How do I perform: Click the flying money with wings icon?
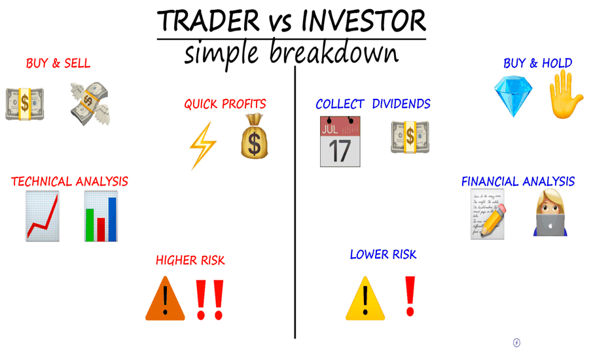[x=90, y=103]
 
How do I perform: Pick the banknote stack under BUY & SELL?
[x=24, y=104]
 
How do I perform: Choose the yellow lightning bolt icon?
[x=203, y=145]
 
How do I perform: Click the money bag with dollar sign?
[x=255, y=136]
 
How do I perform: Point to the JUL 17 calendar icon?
[x=340, y=141]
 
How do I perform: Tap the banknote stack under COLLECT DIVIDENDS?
[x=410, y=137]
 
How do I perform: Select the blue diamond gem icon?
[x=513, y=96]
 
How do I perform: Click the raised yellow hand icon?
[x=565, y=94]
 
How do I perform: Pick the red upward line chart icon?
[x=43, y=216]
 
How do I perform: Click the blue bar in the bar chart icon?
[x=112, y=219]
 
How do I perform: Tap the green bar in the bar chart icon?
[x=90, y=225]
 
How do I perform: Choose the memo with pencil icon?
[x=488, y=214]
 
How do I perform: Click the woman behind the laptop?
[x=550, y=213]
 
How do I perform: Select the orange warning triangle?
[x=165, y=298]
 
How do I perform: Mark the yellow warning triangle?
[x=365, y=298]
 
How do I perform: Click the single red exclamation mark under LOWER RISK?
[x=410, y=296]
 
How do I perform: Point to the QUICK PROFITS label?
[x=225, y=104]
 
